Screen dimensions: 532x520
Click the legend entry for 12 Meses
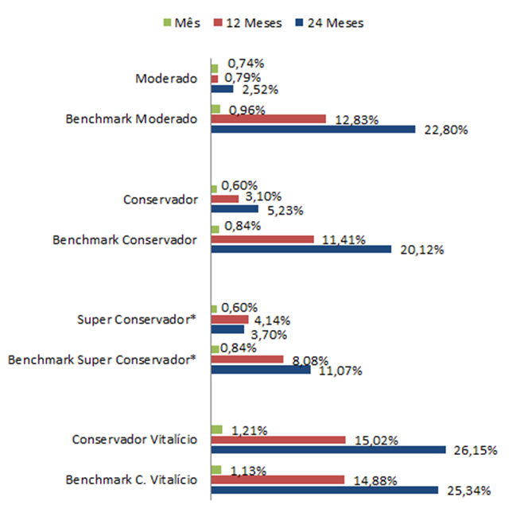pos(247,23)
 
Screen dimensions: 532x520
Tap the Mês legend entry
pos(182,23)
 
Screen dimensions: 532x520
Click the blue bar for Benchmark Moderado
pos(313,129)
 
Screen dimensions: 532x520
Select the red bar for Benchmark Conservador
pos(263,239)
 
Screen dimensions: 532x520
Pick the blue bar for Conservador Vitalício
pos(328,449)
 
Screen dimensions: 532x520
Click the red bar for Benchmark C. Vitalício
pos(278,480)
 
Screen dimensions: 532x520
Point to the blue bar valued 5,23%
pos(235,209)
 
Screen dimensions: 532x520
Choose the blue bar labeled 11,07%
pos(261,369)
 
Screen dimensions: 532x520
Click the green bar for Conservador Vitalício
pos(217,429)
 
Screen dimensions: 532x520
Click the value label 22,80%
pos(447,130)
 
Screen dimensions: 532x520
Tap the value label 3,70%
pos(273,334)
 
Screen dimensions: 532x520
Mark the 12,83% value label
pos(356,120)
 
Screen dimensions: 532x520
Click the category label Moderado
pos(166,78)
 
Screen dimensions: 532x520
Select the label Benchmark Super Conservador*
pos(102,359)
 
